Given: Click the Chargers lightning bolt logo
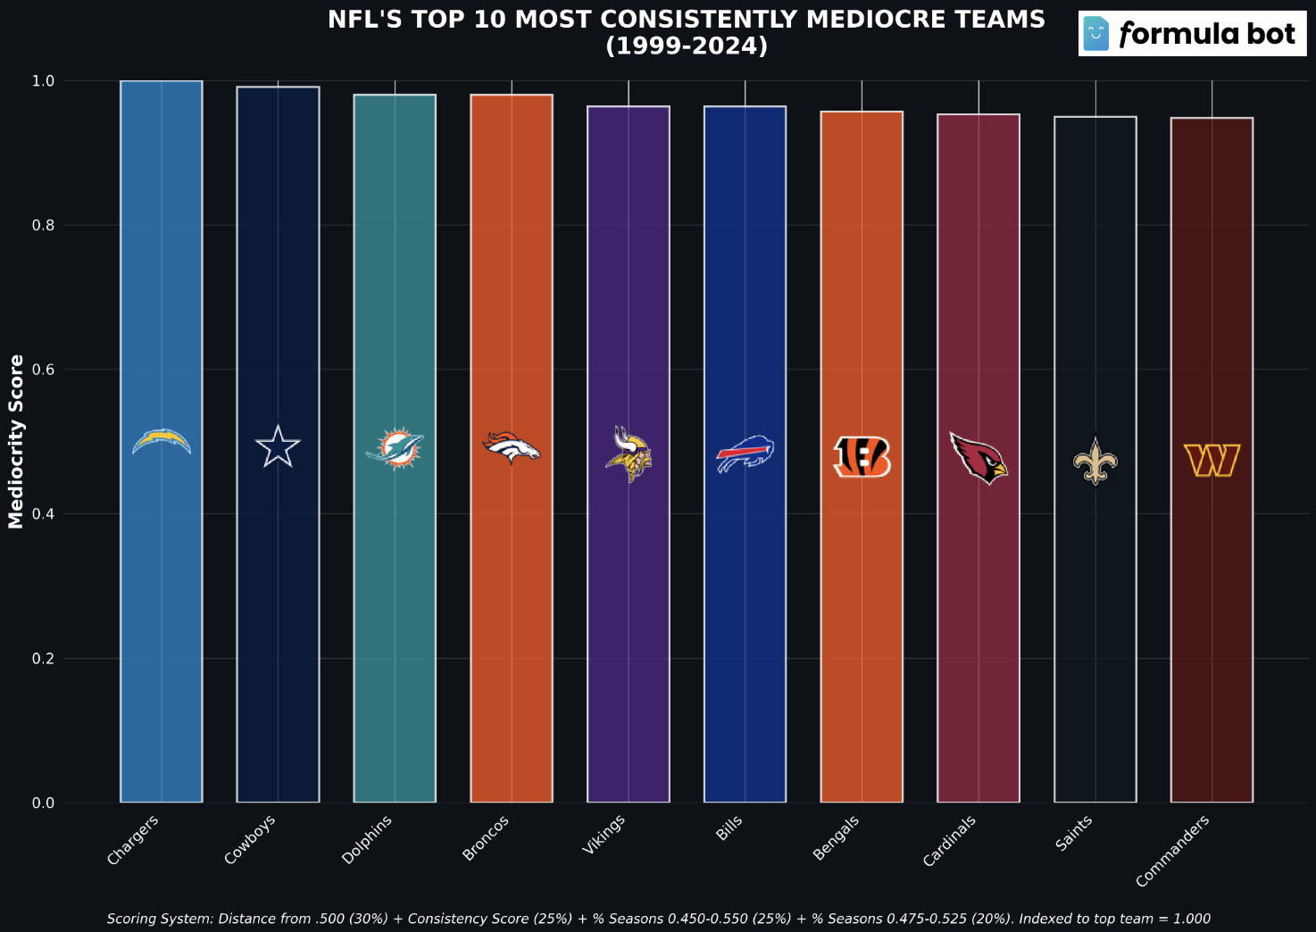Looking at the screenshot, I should (x=162, y=442).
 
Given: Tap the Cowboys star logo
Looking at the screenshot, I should (x=278, y=446).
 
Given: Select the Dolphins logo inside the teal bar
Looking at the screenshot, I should (x=394, y=448).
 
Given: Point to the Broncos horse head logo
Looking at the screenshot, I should (x=512, y=447).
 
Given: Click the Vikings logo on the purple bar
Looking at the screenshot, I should (x=629, y=454).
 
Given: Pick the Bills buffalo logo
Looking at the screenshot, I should (x=745, y=454).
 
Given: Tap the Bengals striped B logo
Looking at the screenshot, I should (x=862, y=457).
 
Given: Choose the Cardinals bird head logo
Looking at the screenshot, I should (x=978, y=458).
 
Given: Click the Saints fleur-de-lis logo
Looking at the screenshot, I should (x=1095, y=461).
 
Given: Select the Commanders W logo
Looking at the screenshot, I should (x=1212, y=461).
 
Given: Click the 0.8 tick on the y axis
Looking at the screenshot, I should (x=44, y=226).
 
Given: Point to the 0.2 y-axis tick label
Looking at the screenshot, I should (x=44, y=659).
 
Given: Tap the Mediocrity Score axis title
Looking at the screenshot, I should (x=16, y=441).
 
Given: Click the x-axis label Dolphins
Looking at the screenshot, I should (x=367, y=840).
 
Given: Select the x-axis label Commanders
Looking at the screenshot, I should (x=1172, y=851).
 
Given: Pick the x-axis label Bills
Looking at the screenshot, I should (x=729, y=828).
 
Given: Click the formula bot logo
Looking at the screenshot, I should (x=1192, y=35).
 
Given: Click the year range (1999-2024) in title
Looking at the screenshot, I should (x=687, y=46).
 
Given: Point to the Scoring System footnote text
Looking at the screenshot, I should (x=658, y=919).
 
